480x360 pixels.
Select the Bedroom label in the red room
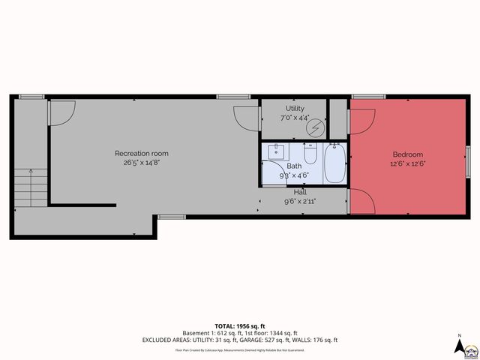407,154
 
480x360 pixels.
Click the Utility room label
295,109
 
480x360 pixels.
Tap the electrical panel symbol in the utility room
316,128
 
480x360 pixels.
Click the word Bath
294,166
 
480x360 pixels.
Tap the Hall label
300,192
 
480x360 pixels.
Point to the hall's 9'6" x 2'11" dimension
300,200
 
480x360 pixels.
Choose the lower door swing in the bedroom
361,201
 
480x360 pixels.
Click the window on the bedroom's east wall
467,158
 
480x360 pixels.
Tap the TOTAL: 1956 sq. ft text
239,326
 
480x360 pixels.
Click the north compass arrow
459,346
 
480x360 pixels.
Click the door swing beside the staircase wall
61,113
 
